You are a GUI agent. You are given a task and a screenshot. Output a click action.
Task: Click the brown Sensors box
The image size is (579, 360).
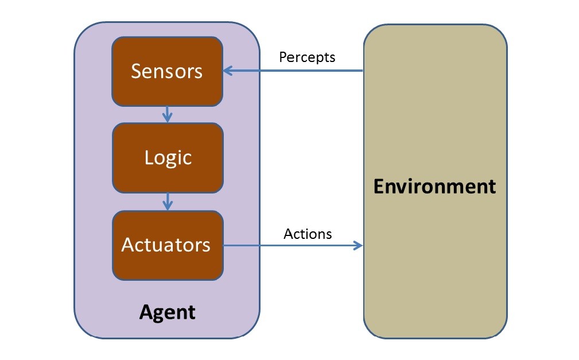167,71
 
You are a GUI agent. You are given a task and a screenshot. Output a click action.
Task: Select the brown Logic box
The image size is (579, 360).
167,158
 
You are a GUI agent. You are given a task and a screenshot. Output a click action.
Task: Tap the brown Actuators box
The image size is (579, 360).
167,245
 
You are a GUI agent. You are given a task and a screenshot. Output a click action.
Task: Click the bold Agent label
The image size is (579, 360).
167,312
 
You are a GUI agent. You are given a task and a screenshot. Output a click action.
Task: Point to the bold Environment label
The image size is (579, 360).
435,187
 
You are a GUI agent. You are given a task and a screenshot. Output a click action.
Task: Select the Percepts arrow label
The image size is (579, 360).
307,57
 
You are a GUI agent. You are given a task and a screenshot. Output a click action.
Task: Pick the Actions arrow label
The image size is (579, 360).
308,234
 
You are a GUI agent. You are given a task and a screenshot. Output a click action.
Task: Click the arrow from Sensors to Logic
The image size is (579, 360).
167,114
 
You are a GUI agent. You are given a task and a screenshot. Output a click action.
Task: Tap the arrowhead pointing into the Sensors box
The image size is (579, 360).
227,71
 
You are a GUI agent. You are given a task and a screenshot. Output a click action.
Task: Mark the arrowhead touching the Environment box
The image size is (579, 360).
359,246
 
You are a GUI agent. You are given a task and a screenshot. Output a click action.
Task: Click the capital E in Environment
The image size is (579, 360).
379,187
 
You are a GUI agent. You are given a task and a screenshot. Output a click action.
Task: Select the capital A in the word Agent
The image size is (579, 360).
146,312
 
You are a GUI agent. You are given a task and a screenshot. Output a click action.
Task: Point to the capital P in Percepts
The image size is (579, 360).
282,57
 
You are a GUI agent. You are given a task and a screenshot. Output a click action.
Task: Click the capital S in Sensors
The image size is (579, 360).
137,71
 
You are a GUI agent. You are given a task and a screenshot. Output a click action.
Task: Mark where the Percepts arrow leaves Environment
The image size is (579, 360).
363,71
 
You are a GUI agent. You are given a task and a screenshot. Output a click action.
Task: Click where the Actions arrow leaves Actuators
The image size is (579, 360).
224,246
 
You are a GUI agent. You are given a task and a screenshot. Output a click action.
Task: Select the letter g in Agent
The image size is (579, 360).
160,314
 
